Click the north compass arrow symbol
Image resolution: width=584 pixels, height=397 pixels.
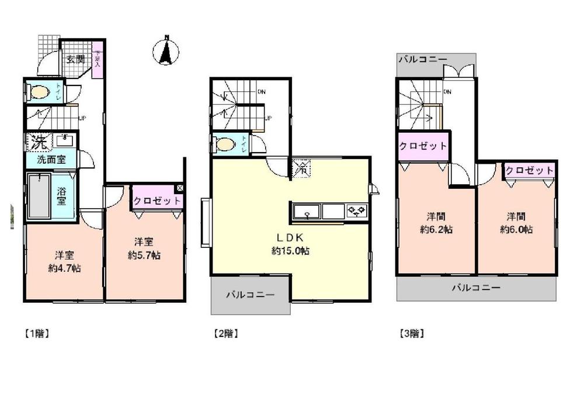point(166,51)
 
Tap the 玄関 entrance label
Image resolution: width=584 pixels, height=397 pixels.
point(75,58)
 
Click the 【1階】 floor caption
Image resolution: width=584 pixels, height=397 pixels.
point(36,334)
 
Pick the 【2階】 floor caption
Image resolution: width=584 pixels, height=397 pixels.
point(225,334)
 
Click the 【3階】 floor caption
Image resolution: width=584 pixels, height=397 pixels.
point(412,334)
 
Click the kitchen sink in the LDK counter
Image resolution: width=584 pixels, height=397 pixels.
point(305,211)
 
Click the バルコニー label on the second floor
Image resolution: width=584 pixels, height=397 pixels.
point(250,295)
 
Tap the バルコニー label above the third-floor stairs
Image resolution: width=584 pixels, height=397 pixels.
point(423,60)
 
